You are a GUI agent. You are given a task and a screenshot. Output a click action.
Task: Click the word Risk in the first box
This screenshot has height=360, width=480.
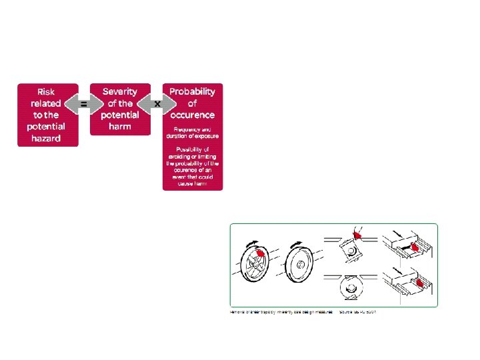(47, 91)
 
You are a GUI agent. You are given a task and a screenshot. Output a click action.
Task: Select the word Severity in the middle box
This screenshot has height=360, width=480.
(120, 91)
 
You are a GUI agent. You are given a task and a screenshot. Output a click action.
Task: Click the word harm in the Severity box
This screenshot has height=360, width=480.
(120, 126)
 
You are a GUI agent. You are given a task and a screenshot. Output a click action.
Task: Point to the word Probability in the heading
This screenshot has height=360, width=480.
(192, 91)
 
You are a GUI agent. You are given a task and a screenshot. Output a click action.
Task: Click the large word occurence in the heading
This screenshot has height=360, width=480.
(192, 115)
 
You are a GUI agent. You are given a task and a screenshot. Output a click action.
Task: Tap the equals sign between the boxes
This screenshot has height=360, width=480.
(84, 104)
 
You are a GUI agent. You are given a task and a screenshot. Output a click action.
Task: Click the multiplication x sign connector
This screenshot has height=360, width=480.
(157, 104)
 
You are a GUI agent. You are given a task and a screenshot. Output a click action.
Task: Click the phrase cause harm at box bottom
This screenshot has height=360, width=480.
(192, 184)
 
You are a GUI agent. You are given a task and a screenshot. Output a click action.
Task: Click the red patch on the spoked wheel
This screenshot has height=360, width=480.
(261, 254)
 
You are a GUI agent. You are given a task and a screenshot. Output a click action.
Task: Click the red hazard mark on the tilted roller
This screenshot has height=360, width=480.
(357, 235)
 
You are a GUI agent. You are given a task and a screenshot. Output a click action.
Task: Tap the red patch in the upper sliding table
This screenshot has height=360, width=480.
(414, 248)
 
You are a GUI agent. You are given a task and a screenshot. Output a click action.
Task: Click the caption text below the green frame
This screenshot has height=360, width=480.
(303, 312)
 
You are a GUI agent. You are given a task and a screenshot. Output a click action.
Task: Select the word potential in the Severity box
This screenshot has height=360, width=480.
(120, 115)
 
